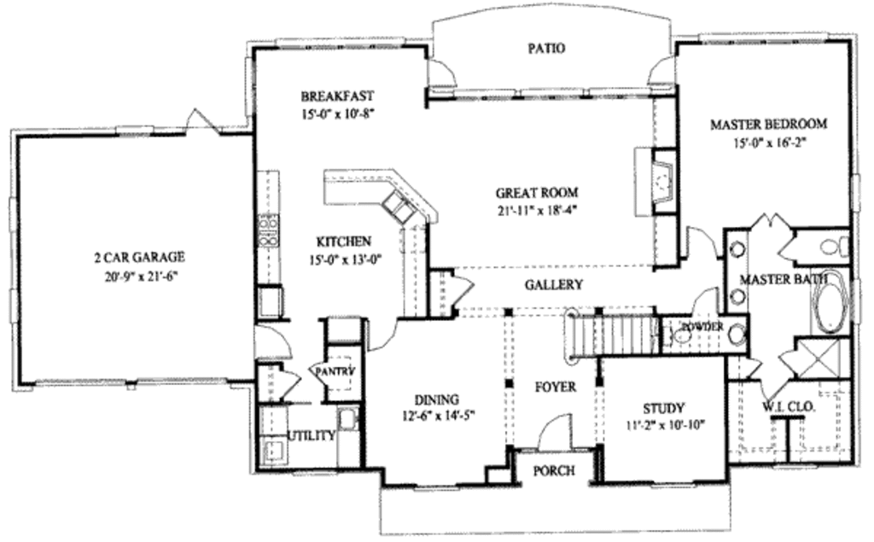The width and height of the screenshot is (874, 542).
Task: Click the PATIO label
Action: (x=545, y=49)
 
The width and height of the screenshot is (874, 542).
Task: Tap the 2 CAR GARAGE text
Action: (x=139, y=257)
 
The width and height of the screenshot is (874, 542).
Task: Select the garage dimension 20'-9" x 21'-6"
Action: (x=139, y=275)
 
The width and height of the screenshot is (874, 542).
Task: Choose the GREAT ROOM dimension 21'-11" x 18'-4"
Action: (x=537, y=210)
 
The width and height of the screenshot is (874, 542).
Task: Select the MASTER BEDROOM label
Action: (x=768, y=125)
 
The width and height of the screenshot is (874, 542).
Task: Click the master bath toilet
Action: (x=832, y=248)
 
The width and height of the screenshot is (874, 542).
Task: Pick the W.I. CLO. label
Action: (x=789, y=407)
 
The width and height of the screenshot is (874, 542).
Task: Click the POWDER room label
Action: (x=702, y=328)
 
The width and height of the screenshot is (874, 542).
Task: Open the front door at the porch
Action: (x=554, y=431)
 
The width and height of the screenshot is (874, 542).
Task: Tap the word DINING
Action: (x=436, y=399)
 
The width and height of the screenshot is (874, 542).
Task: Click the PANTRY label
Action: (x=334, y=372)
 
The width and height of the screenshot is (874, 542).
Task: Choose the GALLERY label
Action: (x=553, y=285)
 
